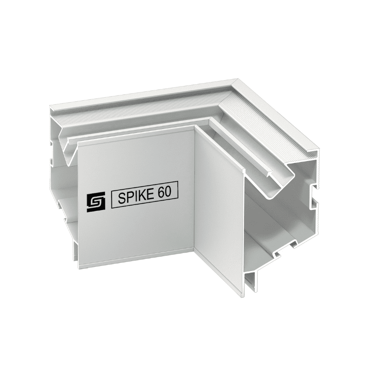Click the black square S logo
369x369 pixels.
click(x=96, y=202)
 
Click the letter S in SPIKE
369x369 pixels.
click(x=121, y=198)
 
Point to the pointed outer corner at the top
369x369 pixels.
click(x=236, y=80)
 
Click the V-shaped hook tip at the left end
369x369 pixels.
click(x=68, y=164)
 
